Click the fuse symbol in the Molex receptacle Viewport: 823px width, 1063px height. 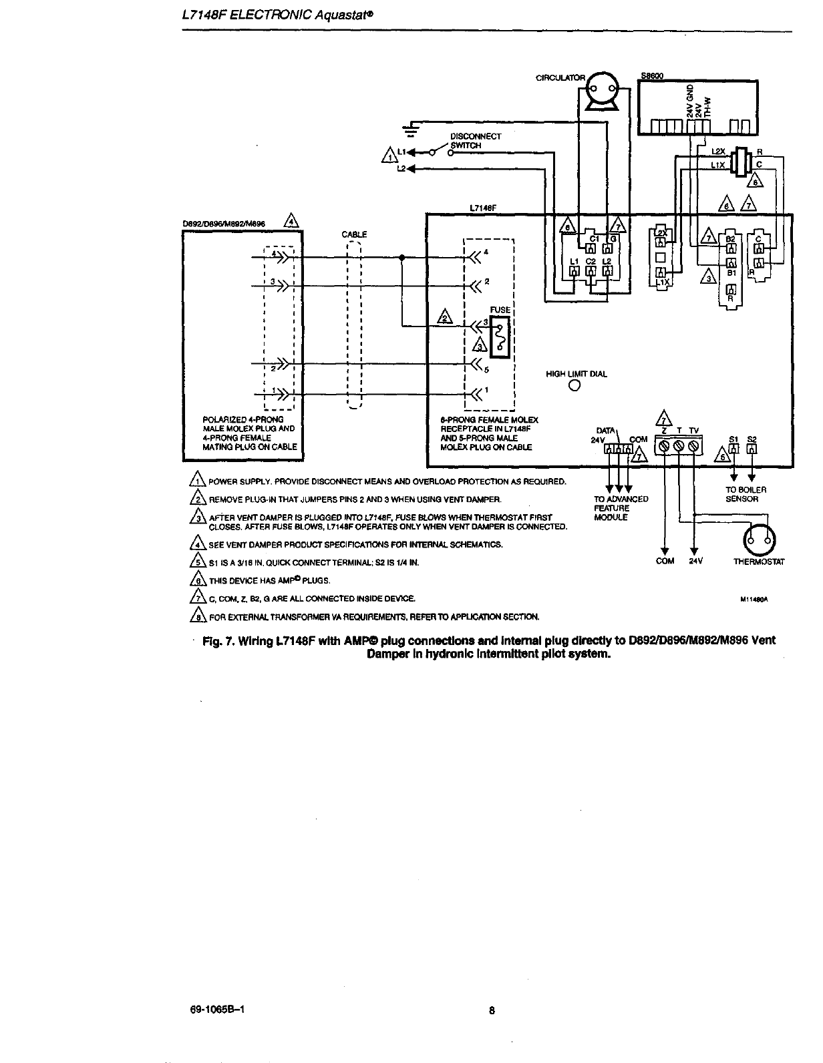click(500, 335)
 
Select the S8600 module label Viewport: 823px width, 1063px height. click(651, 75)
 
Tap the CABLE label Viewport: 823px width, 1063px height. click(354, 234)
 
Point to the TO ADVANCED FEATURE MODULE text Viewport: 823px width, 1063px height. click(621, 508)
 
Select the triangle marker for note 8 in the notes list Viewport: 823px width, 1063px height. click(197, 616)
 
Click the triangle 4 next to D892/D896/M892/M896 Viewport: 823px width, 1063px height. click(291, 221)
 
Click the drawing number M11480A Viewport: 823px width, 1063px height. click(756, 600)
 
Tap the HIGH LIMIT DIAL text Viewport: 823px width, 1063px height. click(577, 374)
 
